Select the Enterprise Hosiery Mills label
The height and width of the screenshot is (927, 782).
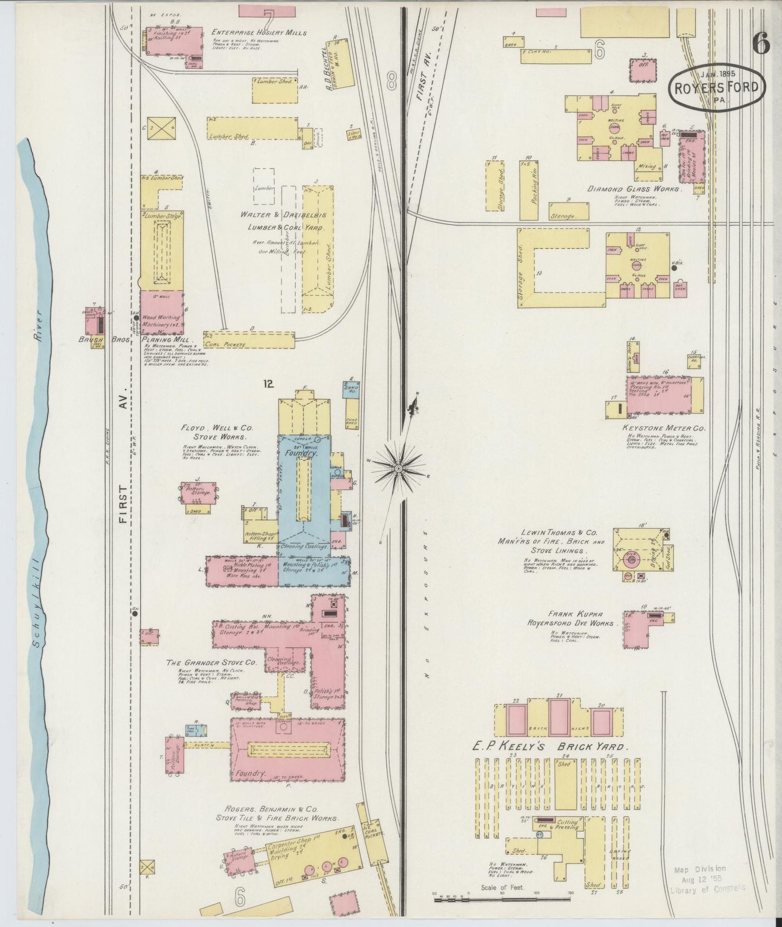[x=259, y=32]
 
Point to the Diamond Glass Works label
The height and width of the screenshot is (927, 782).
[x=634, y=190]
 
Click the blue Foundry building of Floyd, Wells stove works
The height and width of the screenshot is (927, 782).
[x=304, y=487]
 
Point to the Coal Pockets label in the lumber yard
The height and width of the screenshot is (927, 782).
[x=225, y=344]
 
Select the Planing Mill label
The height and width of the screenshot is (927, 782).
[x=165, y=340]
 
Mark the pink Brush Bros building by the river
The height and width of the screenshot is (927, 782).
[x=95, y=323]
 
